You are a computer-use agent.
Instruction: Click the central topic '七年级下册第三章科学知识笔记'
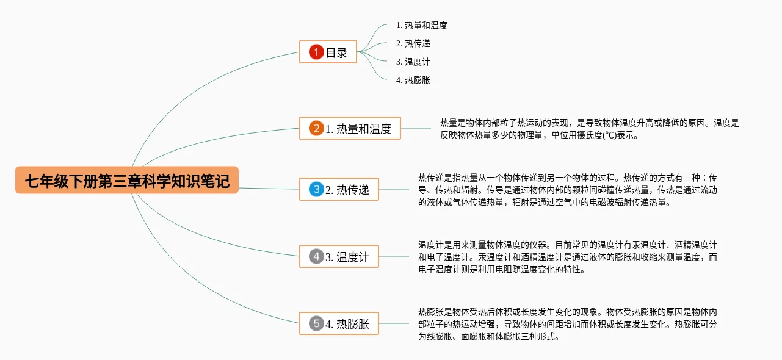(x=127, y=181)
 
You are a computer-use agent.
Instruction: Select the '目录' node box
(x=328, y=52)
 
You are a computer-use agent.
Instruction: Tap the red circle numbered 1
(x=316, y=52)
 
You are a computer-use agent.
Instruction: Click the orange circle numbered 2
(x=316, y=129)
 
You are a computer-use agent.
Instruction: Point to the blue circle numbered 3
(x=316, y=190)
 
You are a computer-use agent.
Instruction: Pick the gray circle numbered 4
(x=316, y=257)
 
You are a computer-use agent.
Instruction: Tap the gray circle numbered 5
(x=316, y=324)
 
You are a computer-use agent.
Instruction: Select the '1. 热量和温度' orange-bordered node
(x=350, y=129)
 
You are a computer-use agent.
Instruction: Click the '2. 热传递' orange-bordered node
(x=339, y=190)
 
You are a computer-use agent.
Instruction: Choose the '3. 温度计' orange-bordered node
(x=339, y=257)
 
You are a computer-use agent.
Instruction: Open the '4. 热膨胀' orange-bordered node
(x=339, y=324)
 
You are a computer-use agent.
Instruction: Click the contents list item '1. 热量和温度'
(x=421, y=26)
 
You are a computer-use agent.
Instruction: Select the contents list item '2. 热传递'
(x=413, y=44)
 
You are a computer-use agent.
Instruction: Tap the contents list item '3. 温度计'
(x=413, y=62)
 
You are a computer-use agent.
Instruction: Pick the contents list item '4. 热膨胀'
(x=413, y=80)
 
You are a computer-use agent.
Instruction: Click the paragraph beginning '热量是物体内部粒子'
(x=589, y=129)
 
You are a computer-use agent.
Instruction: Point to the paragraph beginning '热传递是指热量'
(x=568, y=190)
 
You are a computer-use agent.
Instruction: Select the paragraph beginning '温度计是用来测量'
(x=568, y=257)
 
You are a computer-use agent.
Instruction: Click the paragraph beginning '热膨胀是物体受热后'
(x=568, y=323)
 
